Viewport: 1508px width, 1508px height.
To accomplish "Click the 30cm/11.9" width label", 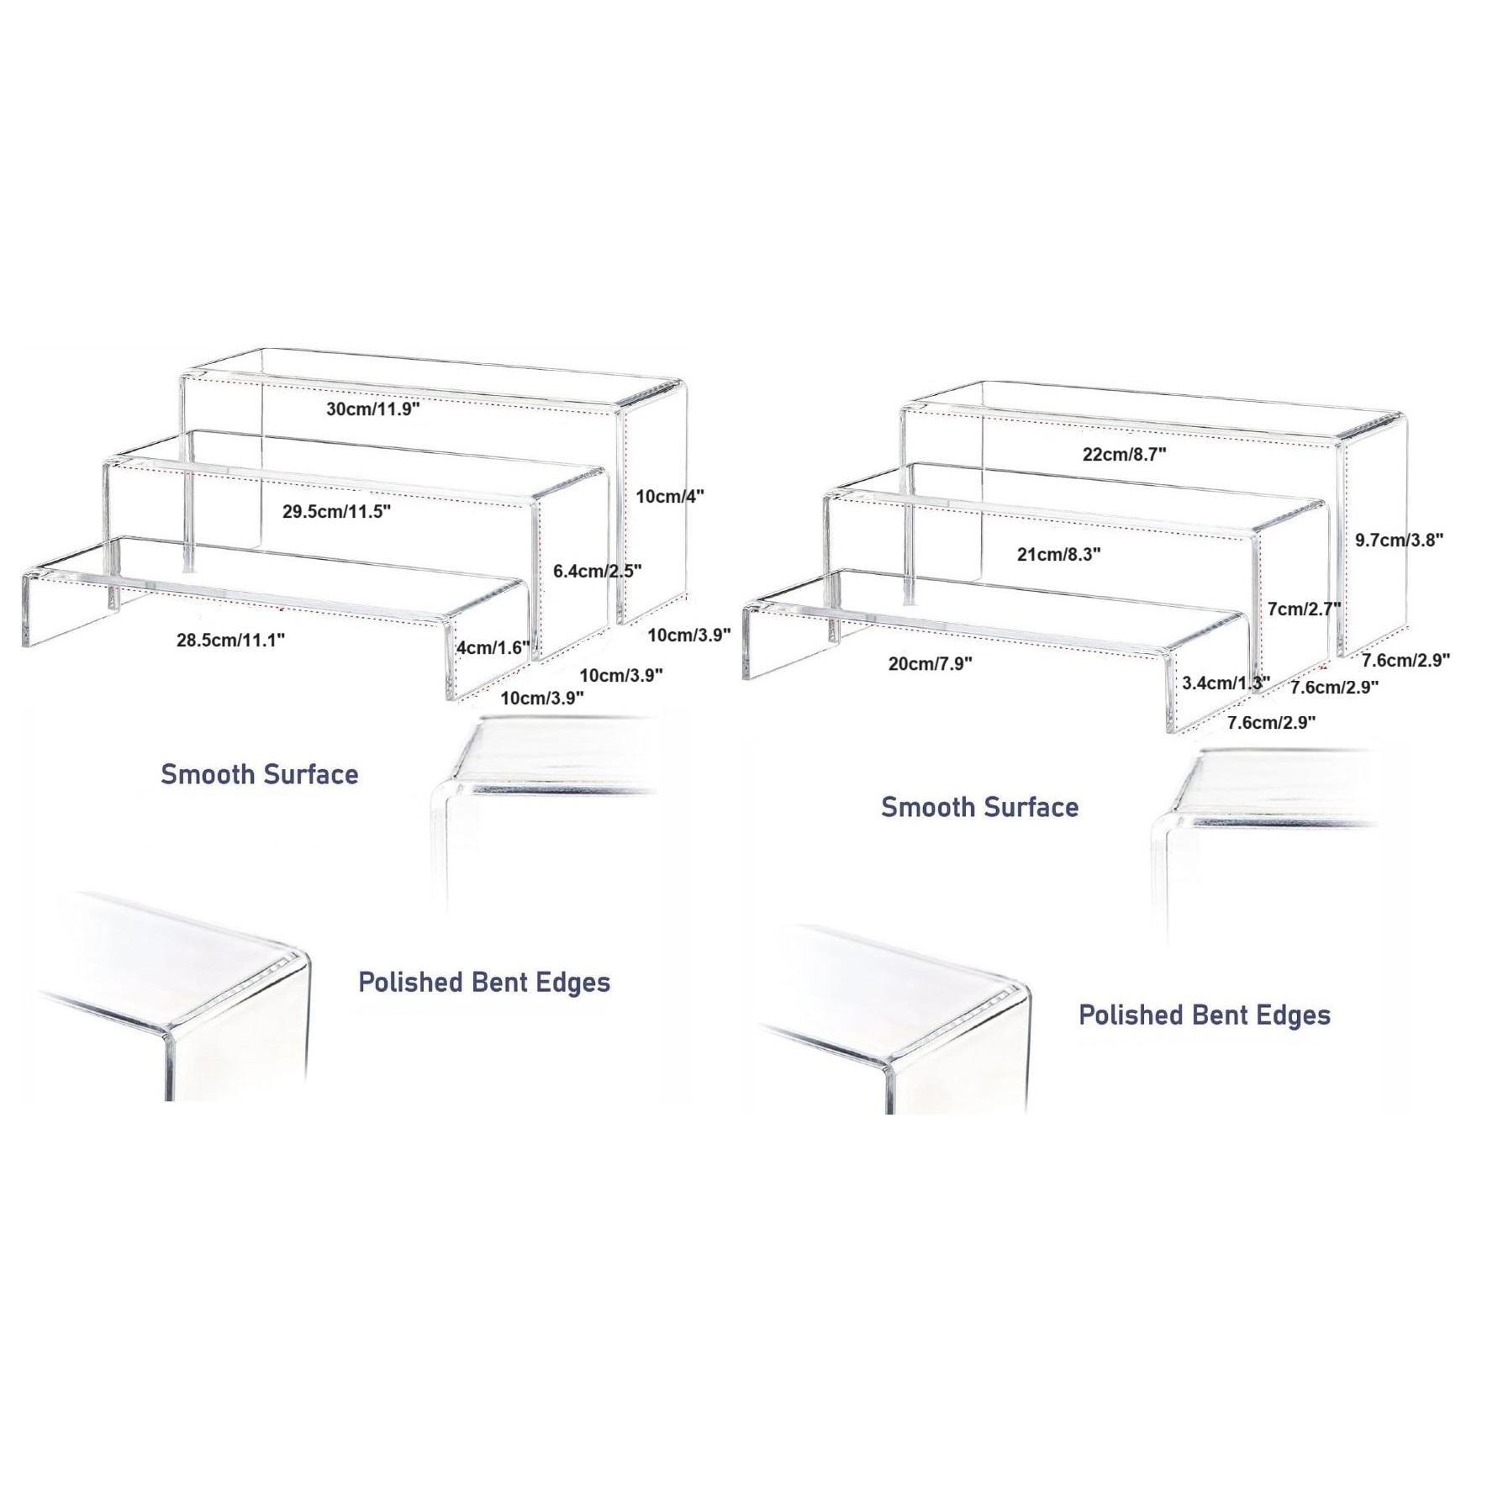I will [372, 409].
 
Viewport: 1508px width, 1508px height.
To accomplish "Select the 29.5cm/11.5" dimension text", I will [336, 511].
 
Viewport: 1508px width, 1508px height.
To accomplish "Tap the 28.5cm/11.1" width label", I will [230, 640].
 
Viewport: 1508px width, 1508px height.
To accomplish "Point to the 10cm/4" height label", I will [669, 496].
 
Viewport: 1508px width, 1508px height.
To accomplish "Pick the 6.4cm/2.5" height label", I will [597, 571].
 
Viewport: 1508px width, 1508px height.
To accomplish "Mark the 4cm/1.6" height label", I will [493, 648].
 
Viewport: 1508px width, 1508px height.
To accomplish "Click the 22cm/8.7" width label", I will [1124, 455].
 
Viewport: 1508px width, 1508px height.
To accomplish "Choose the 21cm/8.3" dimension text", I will [1058, 554].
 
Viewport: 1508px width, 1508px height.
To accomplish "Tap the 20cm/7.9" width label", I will [930, 664].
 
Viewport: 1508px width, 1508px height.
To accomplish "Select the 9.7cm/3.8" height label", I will [1399, 540].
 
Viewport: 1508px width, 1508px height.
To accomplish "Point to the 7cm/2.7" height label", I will [1303, 609].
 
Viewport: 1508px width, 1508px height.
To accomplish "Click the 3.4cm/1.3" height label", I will [1226, 683].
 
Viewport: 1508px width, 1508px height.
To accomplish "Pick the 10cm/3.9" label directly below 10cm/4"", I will [688, 635].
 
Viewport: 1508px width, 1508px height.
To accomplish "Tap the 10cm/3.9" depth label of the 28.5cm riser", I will [542, 698].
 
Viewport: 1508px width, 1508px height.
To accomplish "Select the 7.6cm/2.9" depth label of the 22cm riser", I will [1405, 660].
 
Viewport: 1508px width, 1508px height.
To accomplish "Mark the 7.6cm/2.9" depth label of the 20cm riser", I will [1271, 722].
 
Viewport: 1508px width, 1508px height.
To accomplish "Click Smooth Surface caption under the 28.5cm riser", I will [259, 774].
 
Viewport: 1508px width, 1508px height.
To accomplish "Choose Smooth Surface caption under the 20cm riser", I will [979, 807].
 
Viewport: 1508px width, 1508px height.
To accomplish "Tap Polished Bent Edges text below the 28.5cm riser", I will [483, 982].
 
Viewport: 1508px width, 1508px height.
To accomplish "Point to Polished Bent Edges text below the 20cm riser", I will [1204, 1015].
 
